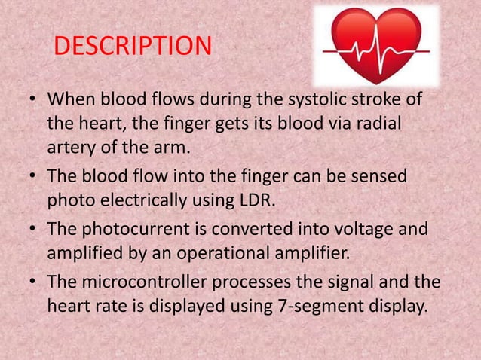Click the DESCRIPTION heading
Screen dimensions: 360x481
pos(133,47)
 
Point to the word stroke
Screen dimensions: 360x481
pos(378,99)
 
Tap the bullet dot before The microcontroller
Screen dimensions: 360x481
pos(33,282)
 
